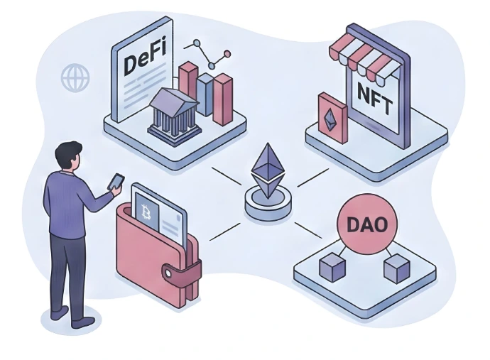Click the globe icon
75,77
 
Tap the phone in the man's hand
115,182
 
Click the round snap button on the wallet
171,273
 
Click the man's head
68,154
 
